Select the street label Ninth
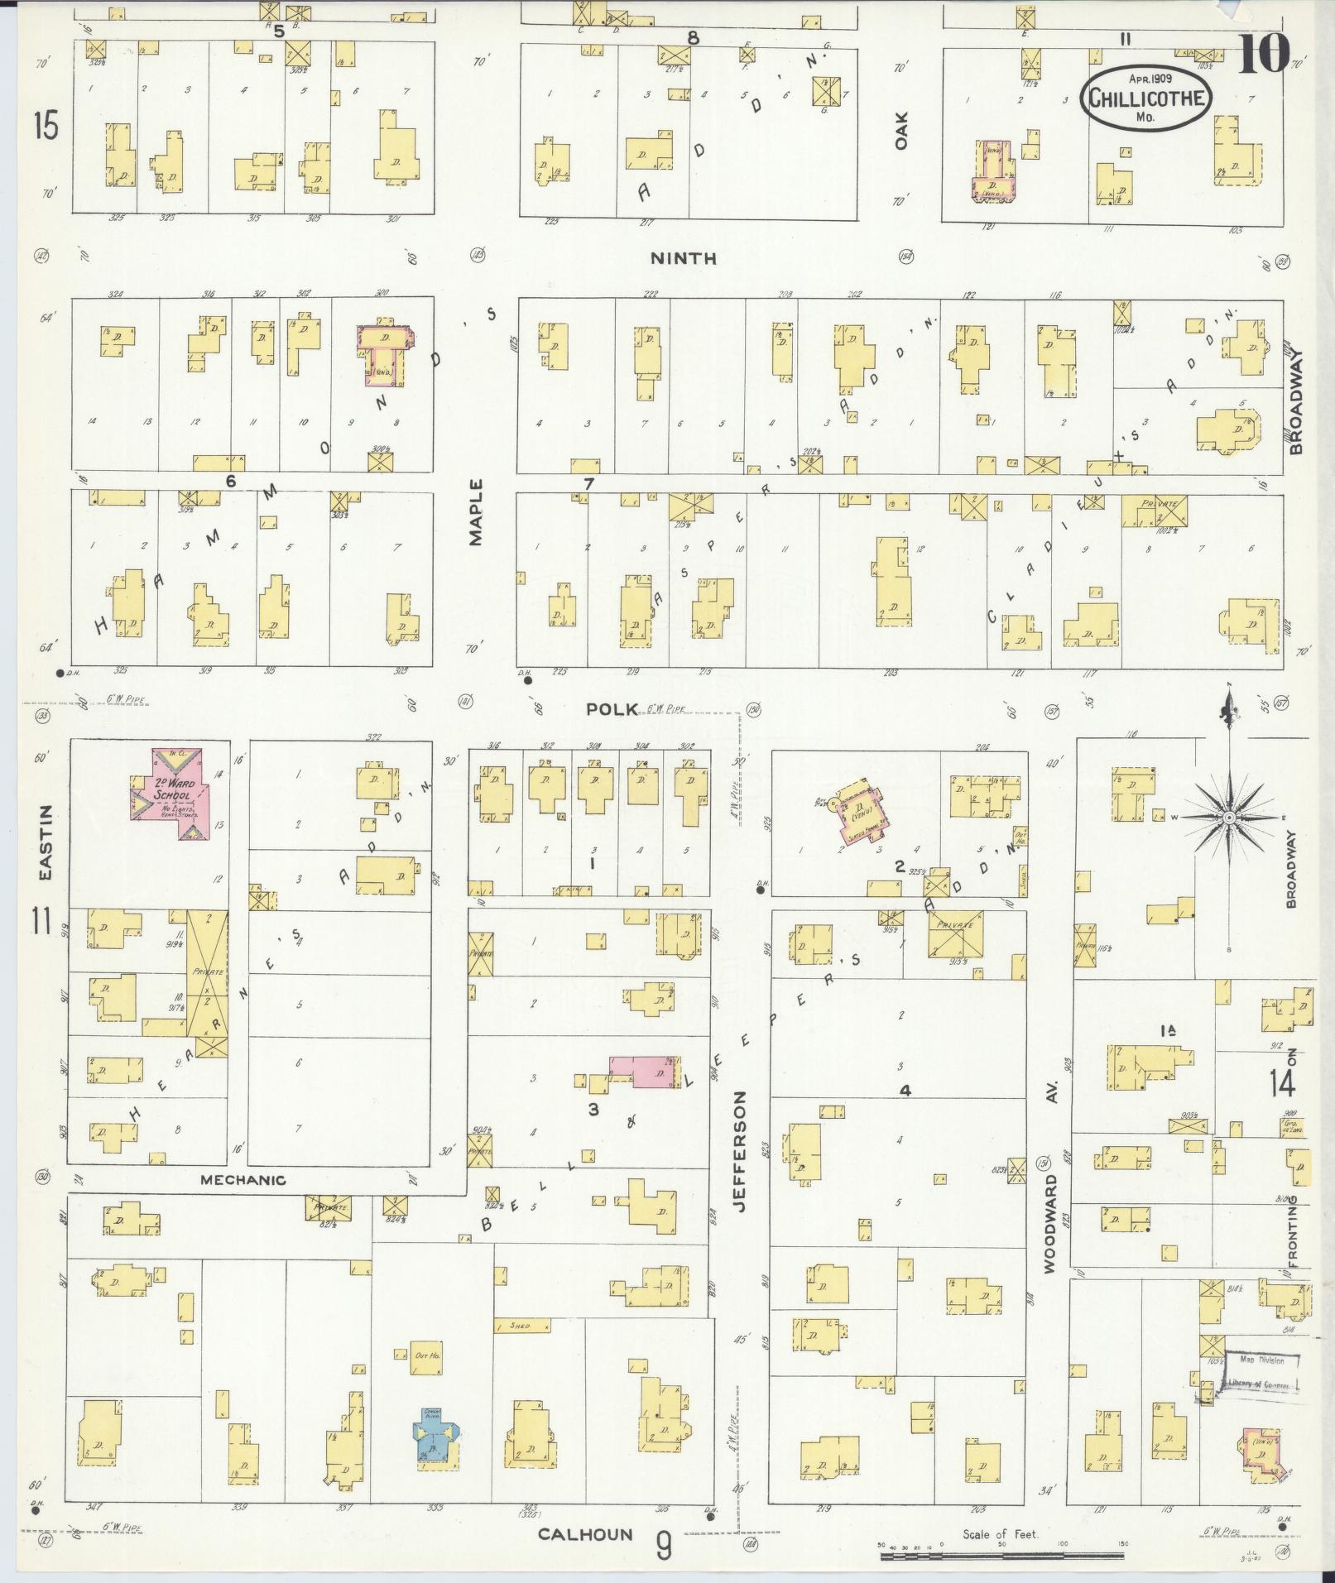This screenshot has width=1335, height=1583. [x=683, y=259]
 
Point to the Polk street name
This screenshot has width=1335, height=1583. [x=612, y=709]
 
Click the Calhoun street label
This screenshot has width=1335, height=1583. [x=585, y=1534]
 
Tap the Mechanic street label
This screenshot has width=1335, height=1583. [x=244, y=1180]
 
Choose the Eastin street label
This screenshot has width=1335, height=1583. [x=46, y=843]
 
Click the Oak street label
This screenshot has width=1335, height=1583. [x=901, y=131]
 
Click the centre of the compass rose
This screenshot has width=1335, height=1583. [x=1229, y=818]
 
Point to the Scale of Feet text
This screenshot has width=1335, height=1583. [x=1000, y=1534]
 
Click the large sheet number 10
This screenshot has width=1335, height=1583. [x=1263, y=55]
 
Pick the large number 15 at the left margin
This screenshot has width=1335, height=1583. [x=46, y=127]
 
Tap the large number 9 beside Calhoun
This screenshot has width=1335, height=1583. [x=664, y=1544]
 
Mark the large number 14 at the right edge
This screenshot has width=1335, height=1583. [x=1283, y=1082]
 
